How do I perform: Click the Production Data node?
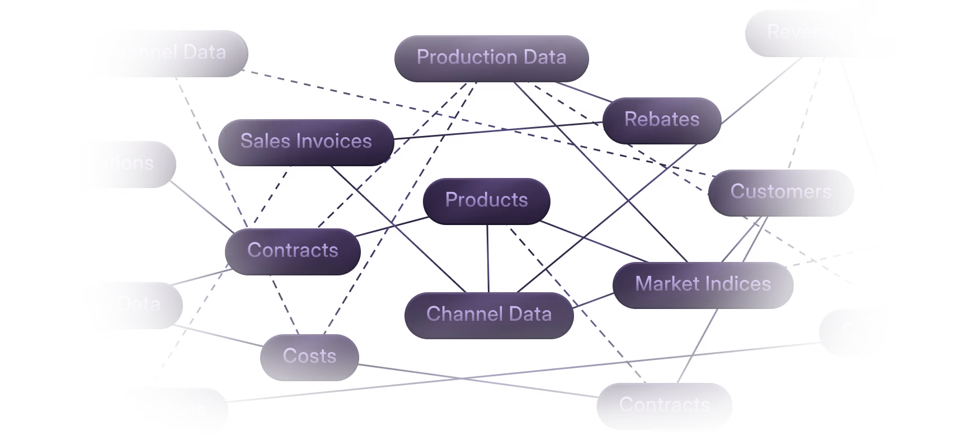click(x=491, y=57)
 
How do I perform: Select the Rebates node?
click(x=662, y=119)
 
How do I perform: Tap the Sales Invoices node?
click(x=306, y=141)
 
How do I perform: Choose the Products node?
click(x=486, y=200)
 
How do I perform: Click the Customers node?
click(x=780, y=191)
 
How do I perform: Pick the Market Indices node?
click(x=703, y=284)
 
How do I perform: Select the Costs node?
click(x=309, y=356)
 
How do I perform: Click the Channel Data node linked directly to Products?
click(x=489, y=314)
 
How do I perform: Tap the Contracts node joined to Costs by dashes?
click(x=293, y=250)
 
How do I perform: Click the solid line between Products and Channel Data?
click(x=488, y=258)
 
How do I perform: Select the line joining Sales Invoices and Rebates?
click(x=498, y=130)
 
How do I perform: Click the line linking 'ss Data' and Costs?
click(x=218, y=335)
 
